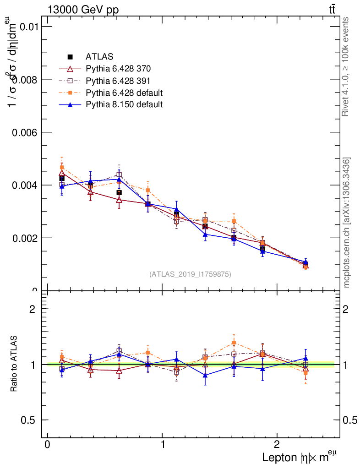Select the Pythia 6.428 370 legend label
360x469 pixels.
118,69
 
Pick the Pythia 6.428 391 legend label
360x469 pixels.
118,81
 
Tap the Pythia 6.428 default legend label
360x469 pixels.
124,93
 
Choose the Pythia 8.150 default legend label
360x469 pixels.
124,105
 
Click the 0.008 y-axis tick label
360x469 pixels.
24,79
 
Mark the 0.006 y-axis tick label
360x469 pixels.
24,132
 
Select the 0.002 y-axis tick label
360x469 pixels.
24,238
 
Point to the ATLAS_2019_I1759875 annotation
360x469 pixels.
190,274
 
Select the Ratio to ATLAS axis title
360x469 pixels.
14,364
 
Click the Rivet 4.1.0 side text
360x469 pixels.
346,66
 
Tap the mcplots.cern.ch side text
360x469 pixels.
347,223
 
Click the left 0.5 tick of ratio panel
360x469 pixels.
28,420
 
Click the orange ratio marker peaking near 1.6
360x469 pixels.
234,343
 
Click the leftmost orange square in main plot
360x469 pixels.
62,168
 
